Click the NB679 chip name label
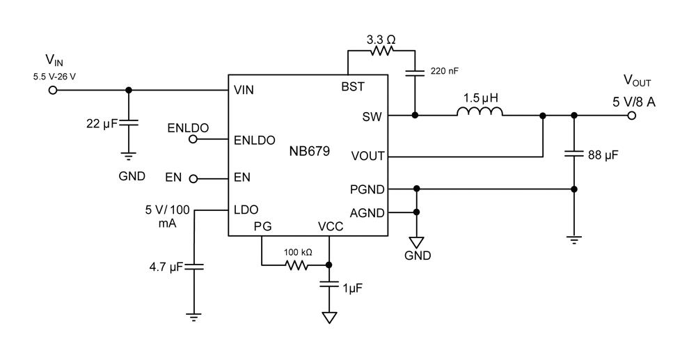pyautogui.click(x=309, y=150)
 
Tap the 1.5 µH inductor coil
pyautogui.click(x=479, y=111)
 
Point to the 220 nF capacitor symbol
pyautogui.click(x=415, y=71)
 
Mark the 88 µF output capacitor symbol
pyautogui.click(x=573, y=155)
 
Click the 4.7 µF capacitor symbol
pyautogui.click(x=194, y=266)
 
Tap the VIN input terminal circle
pyautogui.click(x=52, y=90)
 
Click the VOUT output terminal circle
pyautogui.click(x=631, y=116)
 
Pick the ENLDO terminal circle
pyautogui.click(x=193, y=139)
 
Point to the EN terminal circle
pyautogui.click(x=193, y=178)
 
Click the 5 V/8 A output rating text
pyautogui.click(x=634, y=102)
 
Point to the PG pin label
pyautogui.click(x=261, y=226)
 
